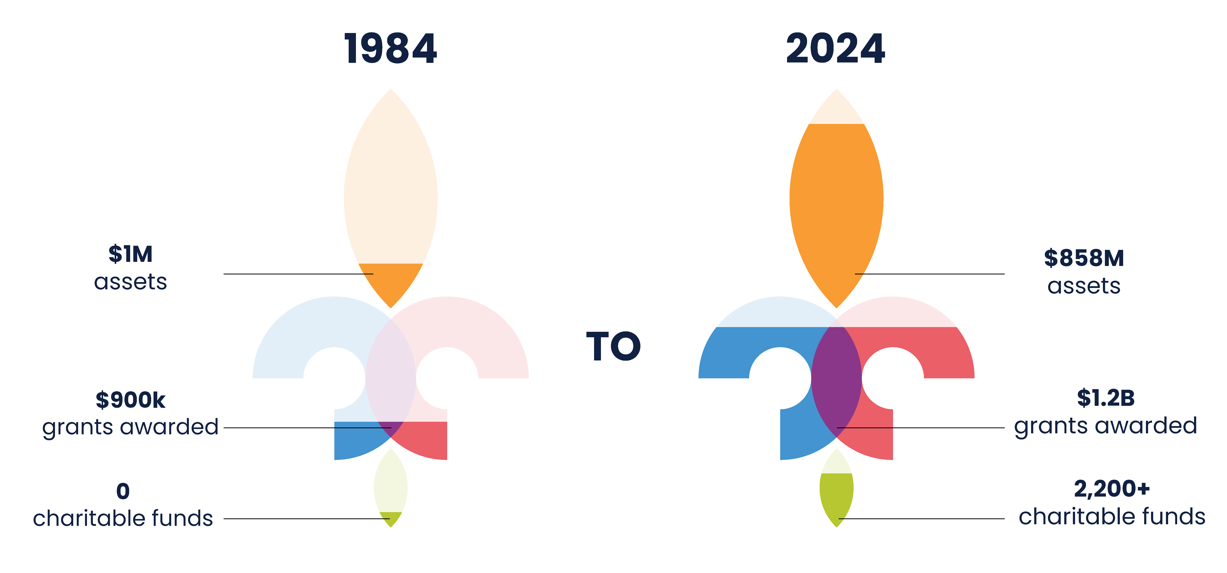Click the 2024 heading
(x=836, y=49)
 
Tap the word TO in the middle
(x=613, y=346)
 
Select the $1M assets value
(x=131, y=254)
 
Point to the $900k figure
(x=131, y=400)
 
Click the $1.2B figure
(x=1106, y=398)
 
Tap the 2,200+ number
(x=1112, y=489)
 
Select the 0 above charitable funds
(x=123, y=491)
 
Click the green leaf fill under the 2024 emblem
(x=836, y=496)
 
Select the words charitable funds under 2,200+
(x=1112, y=517)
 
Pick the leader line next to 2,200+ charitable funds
(x=922, y=519)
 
